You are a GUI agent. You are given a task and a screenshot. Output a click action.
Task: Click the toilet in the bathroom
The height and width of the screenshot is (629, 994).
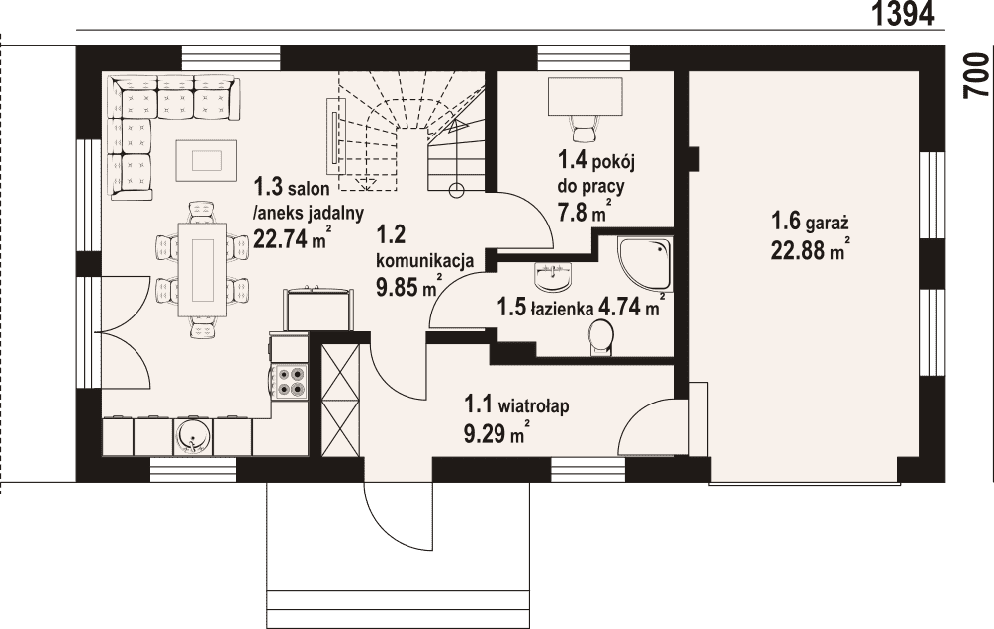point(600,336)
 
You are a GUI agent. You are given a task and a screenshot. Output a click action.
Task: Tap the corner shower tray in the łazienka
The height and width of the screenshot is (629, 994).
point(645,264)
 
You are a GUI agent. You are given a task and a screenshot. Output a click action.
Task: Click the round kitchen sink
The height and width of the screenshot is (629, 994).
point(192,435)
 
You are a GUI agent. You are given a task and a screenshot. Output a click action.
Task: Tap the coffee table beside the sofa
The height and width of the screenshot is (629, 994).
point(206,160)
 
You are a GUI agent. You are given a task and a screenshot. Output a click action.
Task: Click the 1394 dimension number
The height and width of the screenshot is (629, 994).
point(903,13)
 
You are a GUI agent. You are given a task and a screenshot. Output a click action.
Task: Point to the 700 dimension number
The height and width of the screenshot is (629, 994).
point(977,75)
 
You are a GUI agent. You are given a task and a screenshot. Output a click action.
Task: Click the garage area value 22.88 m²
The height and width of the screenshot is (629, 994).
point(810,250)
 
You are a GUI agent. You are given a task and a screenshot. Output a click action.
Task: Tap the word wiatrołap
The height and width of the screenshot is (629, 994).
point(533,404)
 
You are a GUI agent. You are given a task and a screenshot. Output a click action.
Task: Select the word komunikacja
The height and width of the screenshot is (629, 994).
point(425,261)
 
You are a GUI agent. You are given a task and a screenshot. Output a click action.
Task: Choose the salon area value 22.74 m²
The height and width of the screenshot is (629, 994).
point(292,237)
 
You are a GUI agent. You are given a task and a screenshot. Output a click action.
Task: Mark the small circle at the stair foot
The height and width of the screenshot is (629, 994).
point(455,189)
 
